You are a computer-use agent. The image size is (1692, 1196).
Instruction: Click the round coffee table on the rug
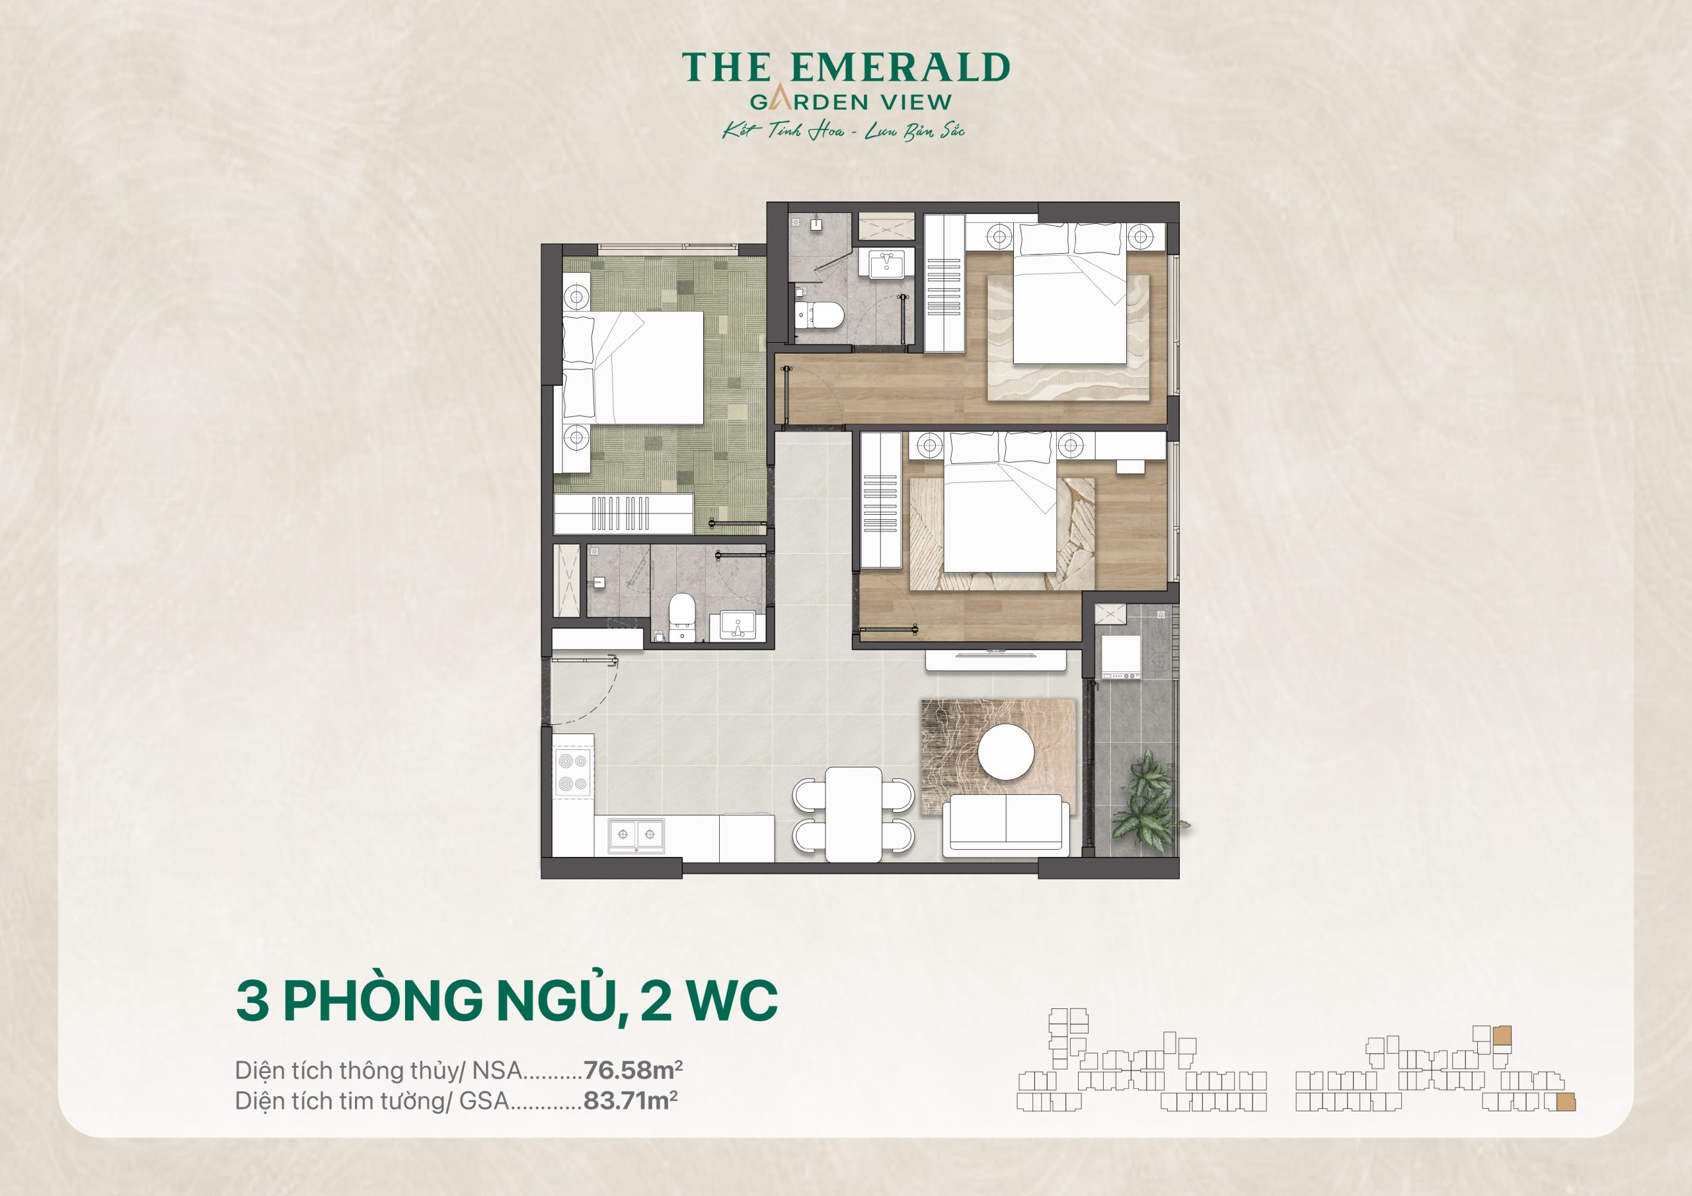coord(1006,752)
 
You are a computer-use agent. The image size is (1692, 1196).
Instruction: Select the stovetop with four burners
coord(572,772)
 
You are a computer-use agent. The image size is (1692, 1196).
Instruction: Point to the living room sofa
coord(1006,825)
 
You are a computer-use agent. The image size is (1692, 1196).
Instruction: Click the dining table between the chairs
coord(853,813)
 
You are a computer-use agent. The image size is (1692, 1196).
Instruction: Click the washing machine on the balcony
coord(1121,657)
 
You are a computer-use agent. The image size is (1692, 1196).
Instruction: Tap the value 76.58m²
coord(633,1069)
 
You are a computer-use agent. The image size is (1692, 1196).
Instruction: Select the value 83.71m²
coord(630,1100)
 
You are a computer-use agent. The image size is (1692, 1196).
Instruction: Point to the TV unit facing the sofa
coord(995,660)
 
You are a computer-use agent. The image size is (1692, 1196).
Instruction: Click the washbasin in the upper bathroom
coord(886,263)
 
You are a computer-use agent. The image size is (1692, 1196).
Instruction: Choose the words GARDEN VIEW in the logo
coord(851,102)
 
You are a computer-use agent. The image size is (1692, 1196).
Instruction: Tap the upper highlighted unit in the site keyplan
coord(1502,1035)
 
